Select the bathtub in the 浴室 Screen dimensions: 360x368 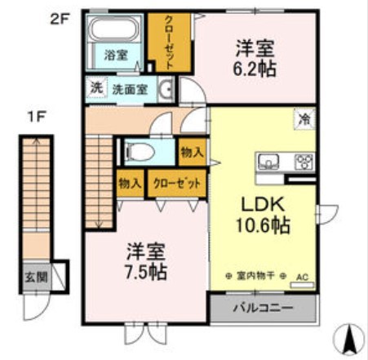click(x=114, y=33)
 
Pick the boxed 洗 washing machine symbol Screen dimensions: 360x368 click(x=95, y=87)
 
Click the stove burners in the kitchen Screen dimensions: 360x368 click(x=304, y=159)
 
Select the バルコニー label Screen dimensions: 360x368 click(x=263, y=309)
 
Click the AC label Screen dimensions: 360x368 click(x=303, y=277)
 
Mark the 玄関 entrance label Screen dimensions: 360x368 click(x=35, y=278)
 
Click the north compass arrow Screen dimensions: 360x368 click(x=350, y=336)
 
